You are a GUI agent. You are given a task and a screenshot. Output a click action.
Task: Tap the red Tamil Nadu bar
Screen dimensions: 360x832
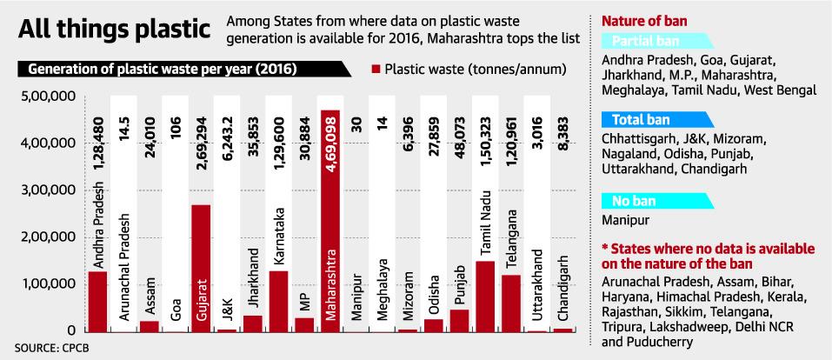[484, 296]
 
